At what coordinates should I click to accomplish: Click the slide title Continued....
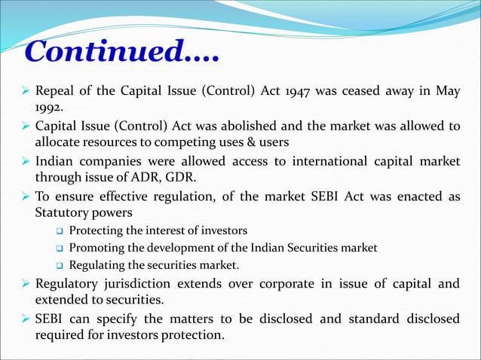(x=121, y=52)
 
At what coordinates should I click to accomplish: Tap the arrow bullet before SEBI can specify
(x=23, y=319)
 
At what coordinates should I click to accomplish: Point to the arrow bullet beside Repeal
(x=23, y=93)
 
